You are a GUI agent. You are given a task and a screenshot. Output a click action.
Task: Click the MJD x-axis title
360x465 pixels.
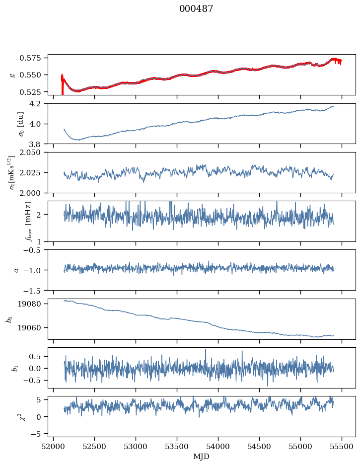coord(202,456)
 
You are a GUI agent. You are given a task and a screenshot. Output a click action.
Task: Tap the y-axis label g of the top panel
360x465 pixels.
coord(12,75)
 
